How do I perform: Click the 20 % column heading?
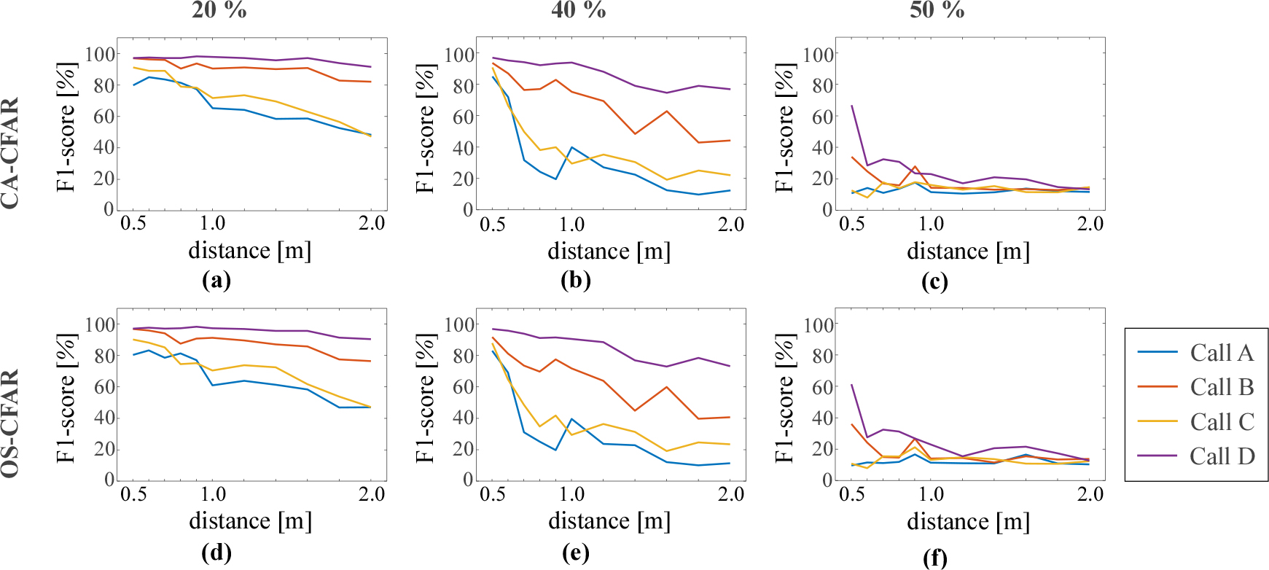[219, 10]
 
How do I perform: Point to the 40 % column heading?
[579, 10]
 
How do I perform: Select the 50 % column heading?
[937, 10]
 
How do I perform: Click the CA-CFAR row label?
[10, 154]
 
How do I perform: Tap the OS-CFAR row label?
[10, 423]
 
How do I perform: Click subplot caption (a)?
[216, 281]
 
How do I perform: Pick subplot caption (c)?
[934, 281]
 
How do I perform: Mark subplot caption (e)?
[576, 553]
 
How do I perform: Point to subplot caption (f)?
[934, 558]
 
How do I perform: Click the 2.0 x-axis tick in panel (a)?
[372, 223]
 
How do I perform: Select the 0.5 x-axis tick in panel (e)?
[493, 494]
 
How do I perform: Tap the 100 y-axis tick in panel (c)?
[818, 54]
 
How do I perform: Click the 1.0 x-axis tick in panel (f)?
[931, 494]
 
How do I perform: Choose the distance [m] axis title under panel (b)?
[609, 251]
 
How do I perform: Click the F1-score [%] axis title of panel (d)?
[66, 398]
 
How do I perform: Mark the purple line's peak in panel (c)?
[852, 106]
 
